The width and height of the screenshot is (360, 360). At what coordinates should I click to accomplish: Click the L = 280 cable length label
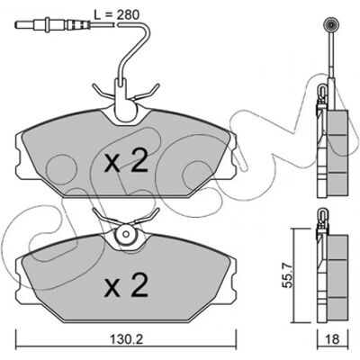pos(117,14)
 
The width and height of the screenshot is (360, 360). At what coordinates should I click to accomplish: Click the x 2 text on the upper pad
pos(126,161)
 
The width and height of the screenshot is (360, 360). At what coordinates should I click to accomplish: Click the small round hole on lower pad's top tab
pos(126,234)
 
